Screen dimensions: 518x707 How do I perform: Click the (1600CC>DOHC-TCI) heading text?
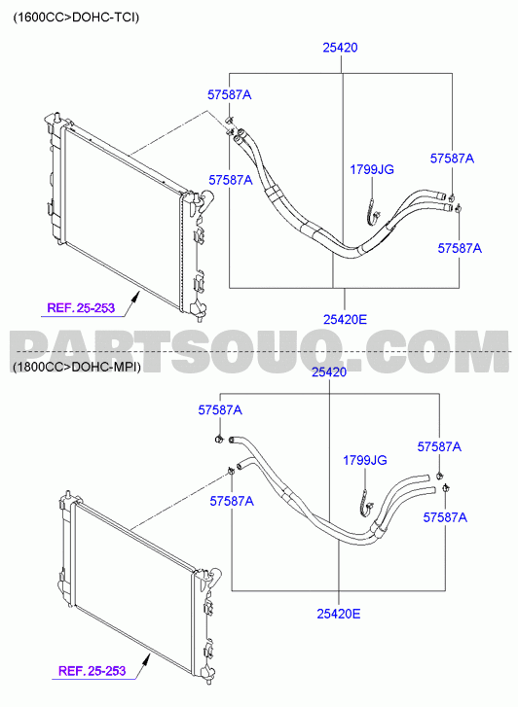(76, 18)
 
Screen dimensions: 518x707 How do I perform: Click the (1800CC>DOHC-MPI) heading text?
(77, 367)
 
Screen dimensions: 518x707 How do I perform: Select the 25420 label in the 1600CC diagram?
(340, 48)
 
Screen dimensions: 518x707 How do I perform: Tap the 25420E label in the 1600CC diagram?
(345, 319)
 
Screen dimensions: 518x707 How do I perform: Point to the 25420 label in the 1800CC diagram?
(329, 372)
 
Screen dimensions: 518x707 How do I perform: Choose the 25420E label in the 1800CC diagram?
(339, 614)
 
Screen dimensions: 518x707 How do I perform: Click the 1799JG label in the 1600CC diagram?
(372, 169)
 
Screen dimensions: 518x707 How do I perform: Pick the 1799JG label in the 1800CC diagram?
(365, 460)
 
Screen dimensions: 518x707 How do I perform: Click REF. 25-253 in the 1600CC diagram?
(81, 308)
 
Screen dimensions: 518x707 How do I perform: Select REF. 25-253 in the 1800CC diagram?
(92, 670)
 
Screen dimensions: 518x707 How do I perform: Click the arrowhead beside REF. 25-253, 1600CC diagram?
(135, 297)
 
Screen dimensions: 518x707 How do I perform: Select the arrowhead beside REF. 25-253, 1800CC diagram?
(146, 659)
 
